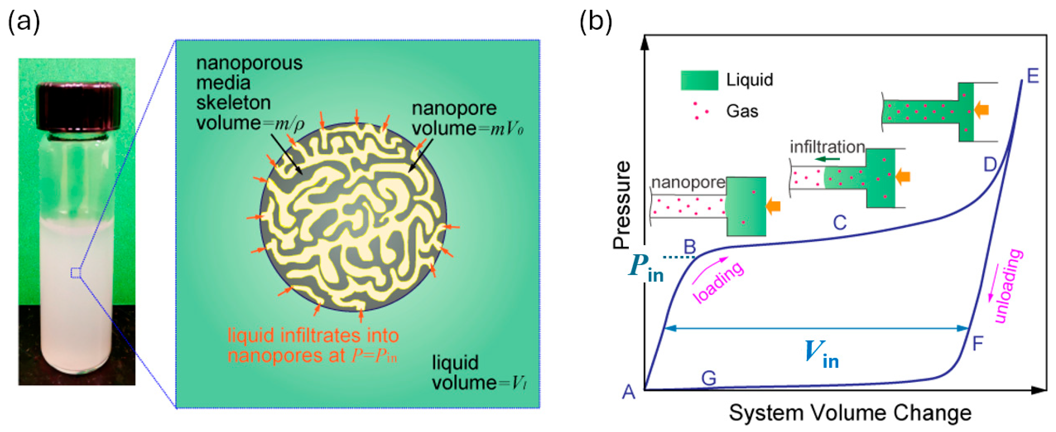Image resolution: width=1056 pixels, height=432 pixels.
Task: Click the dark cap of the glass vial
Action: point(78,106)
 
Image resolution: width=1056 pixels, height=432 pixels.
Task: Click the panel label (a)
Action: point(24,21)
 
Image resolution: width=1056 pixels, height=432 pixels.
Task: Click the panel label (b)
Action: point(595,21)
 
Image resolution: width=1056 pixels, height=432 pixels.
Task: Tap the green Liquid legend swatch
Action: point(699,80)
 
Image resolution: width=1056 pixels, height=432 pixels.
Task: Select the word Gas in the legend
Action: point(742,111)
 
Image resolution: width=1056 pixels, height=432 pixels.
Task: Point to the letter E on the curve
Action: point(1033,76)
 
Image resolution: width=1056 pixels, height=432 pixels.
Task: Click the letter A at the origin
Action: point(628,392)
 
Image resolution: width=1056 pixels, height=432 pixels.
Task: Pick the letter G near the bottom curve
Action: point(709,378)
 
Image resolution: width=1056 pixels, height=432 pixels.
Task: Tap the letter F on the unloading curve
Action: point(978,343)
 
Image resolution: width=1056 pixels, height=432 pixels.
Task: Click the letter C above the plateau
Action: point(840,223)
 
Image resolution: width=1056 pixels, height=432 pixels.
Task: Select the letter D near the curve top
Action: point(990,164)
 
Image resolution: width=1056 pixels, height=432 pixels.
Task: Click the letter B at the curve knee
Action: point(690,247)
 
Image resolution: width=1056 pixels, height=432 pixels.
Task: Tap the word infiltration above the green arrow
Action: point(827,146)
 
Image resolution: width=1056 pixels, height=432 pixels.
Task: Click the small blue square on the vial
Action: point(75,273)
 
